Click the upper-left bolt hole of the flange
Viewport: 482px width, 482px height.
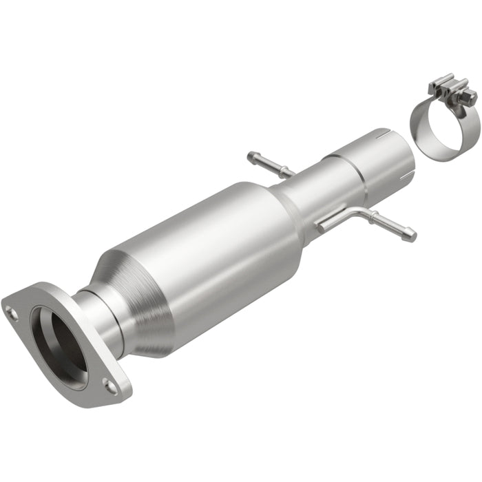(x=12, y=313)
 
